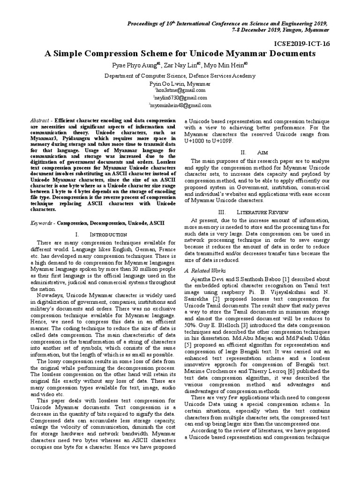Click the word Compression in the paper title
tap(122, 53)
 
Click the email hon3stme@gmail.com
tap(180, 90)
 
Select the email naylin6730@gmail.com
tap(180, 97)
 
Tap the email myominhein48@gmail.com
tap(180, 105)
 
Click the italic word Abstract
tap(39, 120)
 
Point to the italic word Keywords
tap(41, 224)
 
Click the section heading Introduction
tap(108, 234)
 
